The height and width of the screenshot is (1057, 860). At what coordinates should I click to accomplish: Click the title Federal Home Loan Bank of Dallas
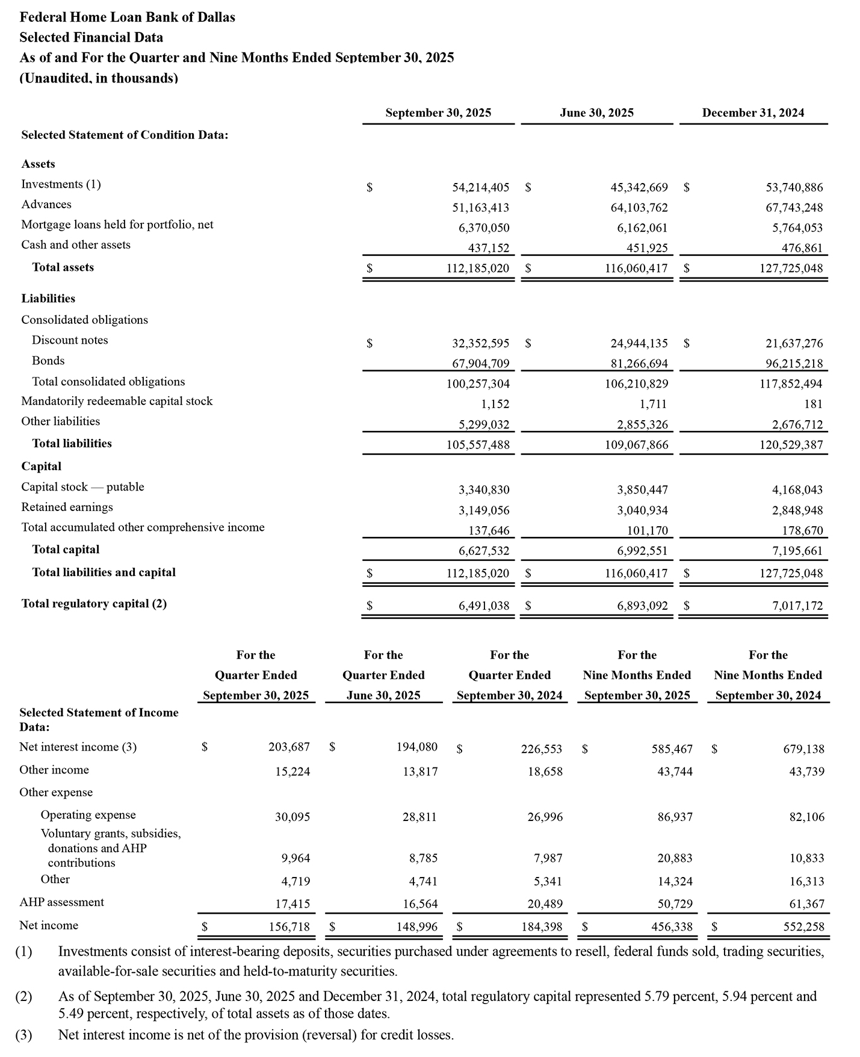point(127,17)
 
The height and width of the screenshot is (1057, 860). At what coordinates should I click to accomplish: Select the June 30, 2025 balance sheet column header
point(596,113)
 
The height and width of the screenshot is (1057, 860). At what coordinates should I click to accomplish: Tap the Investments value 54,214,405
point(480,187)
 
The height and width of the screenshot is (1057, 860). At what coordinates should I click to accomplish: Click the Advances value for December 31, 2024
point(794,208)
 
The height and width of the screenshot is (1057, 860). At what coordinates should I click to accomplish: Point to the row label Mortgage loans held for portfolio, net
point(117,225)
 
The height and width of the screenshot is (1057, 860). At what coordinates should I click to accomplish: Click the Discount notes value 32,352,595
point(480,343)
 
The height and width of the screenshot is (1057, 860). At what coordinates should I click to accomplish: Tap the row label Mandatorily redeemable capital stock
point(117,401)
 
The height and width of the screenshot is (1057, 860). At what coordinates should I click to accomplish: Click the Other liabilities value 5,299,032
point(484,424)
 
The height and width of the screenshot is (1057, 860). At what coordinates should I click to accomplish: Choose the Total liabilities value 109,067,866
point(636,445)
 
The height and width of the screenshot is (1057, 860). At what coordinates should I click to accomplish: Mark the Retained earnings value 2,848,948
point(797,510)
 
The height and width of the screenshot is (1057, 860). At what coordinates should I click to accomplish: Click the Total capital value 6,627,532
point(484,551)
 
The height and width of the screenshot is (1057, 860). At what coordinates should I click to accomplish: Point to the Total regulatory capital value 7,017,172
point(797,606)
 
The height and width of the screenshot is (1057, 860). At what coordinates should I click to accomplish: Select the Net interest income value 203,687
point(289,747)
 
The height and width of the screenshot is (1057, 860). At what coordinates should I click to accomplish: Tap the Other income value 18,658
point(545,772)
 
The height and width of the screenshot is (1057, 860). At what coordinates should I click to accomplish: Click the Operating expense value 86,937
point(675,817)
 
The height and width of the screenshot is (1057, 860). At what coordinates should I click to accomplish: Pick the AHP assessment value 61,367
point(806,904)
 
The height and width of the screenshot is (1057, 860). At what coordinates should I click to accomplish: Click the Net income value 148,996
point(416,926)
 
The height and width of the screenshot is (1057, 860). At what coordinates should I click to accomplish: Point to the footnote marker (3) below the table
point(23,1035)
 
